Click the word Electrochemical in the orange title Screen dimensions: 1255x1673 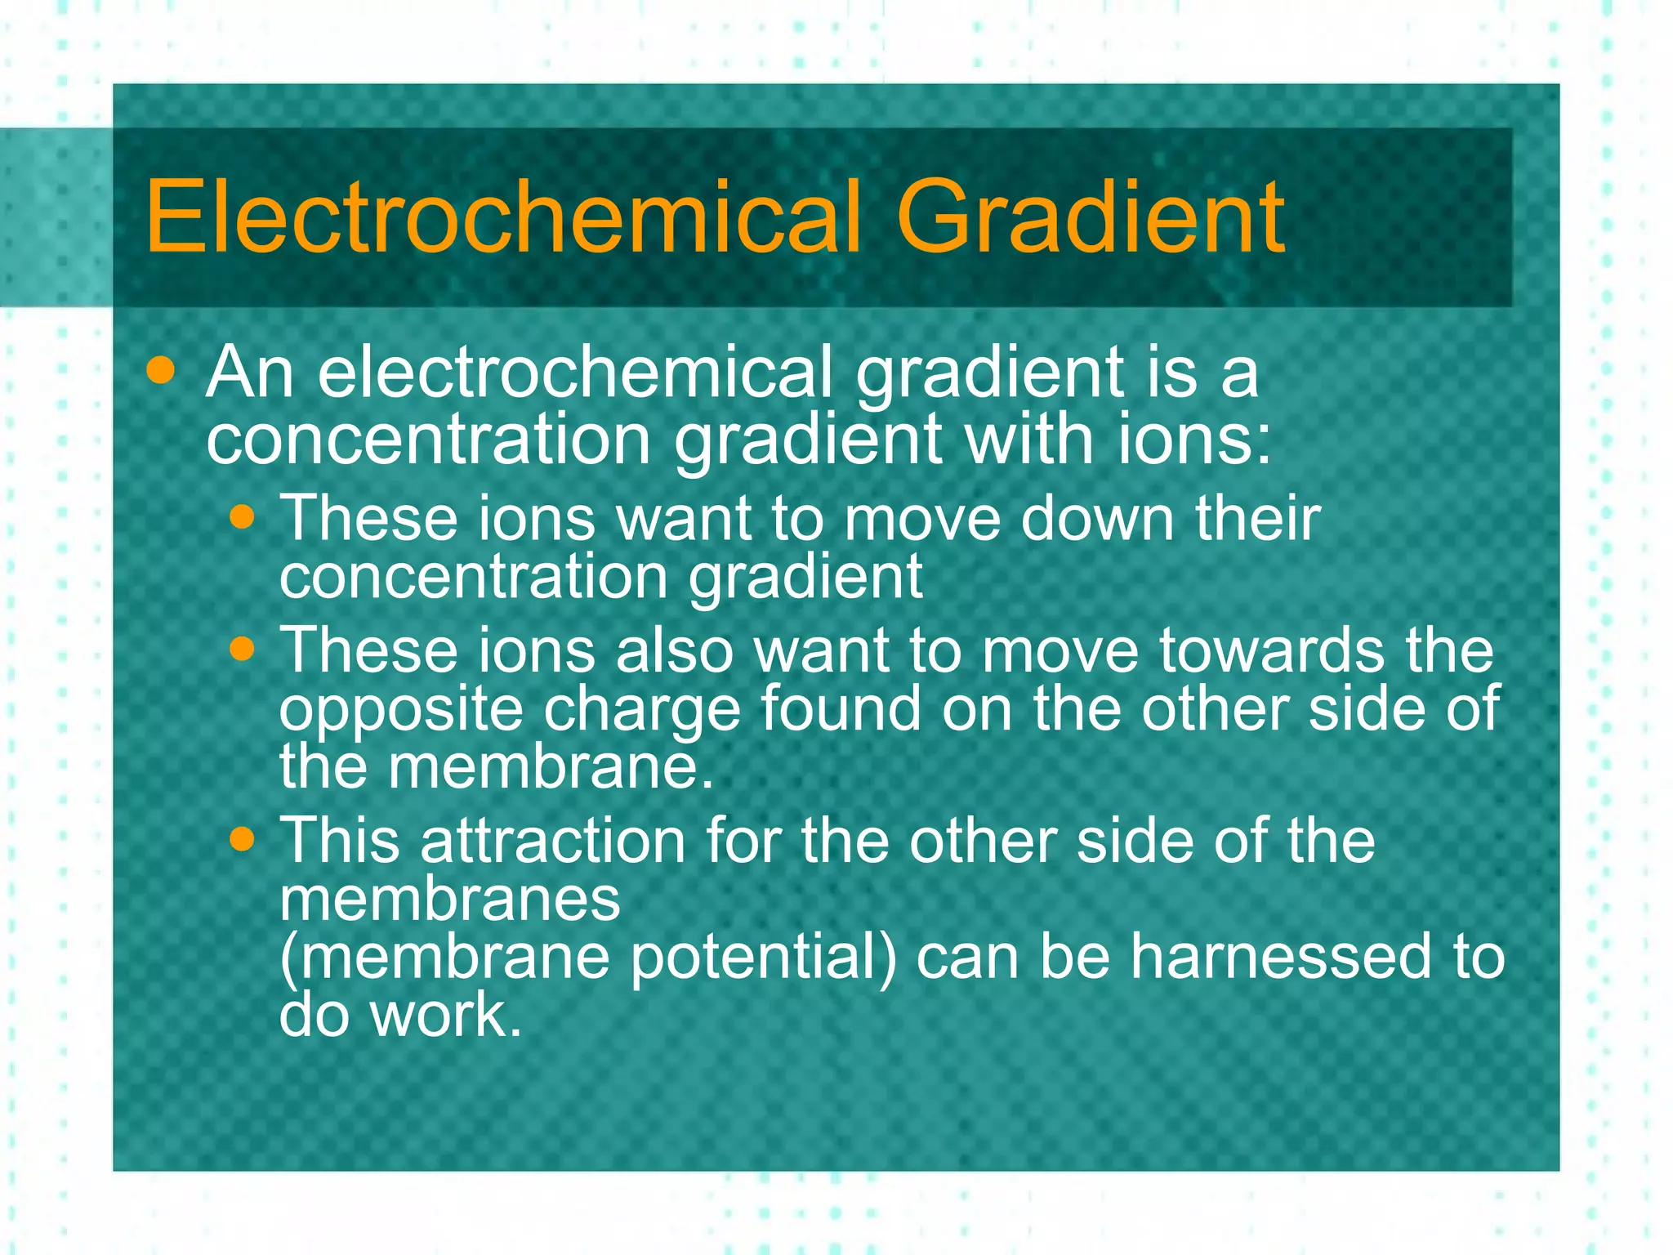503,218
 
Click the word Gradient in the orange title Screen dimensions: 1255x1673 1091,218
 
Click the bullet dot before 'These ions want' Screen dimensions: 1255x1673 243,517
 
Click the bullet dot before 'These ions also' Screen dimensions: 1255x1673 243,650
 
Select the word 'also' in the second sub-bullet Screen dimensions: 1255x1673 674,651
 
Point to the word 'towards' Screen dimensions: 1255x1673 1271,651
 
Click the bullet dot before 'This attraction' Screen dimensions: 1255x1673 243,839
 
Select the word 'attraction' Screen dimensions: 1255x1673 552,841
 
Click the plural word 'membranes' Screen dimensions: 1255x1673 450,900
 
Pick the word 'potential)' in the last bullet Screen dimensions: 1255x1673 764,958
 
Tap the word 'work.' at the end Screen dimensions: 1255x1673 446,1016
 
